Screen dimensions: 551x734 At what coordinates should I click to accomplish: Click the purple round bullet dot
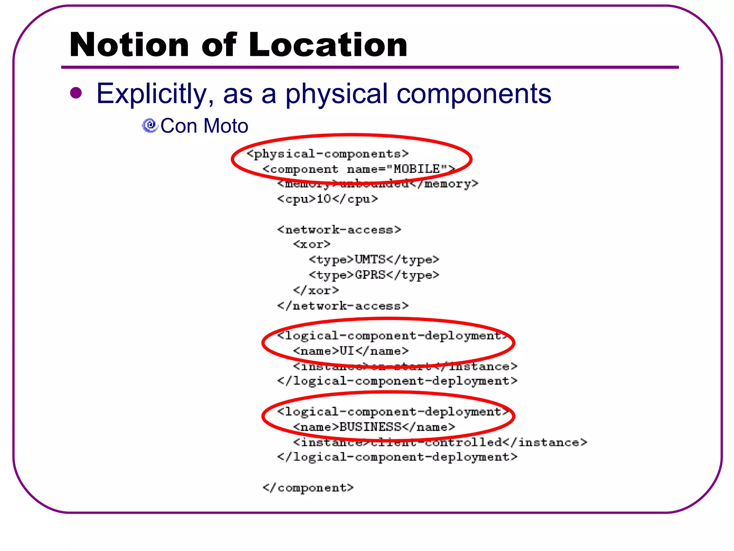coord(76,93)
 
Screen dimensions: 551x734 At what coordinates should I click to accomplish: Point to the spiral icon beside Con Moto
coord(150,126)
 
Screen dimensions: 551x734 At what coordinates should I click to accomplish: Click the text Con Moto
coord(204,126)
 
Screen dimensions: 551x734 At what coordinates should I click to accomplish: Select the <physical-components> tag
coord(328,154)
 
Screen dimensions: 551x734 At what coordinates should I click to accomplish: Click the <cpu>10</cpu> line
coord(328,199)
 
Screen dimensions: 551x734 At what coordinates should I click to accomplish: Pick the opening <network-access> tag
coord(339,230)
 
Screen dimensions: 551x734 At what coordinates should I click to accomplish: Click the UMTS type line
coord(374,259)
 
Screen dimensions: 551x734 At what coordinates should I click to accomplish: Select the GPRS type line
coord(374,275)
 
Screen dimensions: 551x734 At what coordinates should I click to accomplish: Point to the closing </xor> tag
coord(316,290)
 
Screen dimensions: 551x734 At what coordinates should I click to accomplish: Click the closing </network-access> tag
coord(343,306)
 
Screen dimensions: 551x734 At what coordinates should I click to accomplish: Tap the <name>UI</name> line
coord(351,351)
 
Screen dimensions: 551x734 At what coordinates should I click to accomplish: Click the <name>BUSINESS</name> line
coord(374,427)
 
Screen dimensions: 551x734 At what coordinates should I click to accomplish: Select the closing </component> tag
coord(308,488)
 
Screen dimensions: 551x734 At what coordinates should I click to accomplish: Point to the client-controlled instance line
coord(440,442)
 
